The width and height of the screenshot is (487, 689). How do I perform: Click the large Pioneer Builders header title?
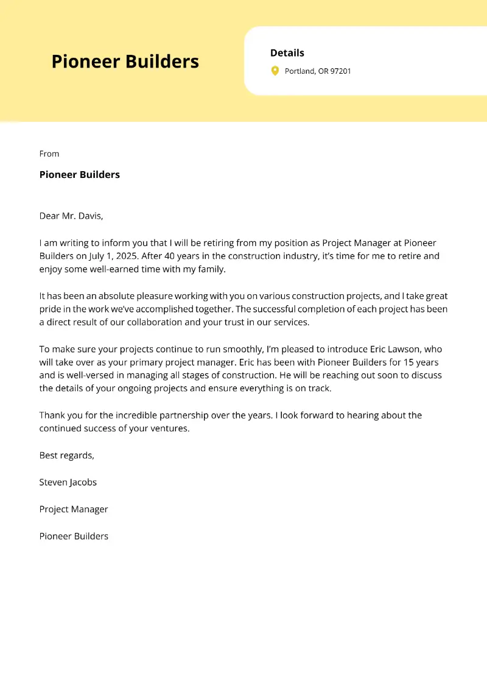pyautogui.click(x=125, y=62)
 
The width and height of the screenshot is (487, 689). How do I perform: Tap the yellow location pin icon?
pyautogui.click(x=275, y=71)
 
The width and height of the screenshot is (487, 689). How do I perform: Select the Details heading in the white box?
pyautogui.click(x=287, y=53)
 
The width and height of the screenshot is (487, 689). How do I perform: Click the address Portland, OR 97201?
pyautogui.click(x=318, y=71)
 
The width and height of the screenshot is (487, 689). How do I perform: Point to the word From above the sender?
pyautogui.click(x=49, y=154)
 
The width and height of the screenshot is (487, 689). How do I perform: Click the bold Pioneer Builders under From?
pyautogui.click(x=79, y=175)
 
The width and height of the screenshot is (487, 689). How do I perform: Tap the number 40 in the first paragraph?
pyautogui.click(x=166, y=256)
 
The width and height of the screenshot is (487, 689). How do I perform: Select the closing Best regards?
pyautogui.click(x=67, y=455)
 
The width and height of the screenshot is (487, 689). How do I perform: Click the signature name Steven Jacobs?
pyautogui.click(x=68, y=482)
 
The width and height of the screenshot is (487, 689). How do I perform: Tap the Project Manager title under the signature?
pyautogui.click(x=74, y=509)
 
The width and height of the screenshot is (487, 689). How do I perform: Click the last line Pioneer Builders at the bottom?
pyautogui.click(x=74, y=536)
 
